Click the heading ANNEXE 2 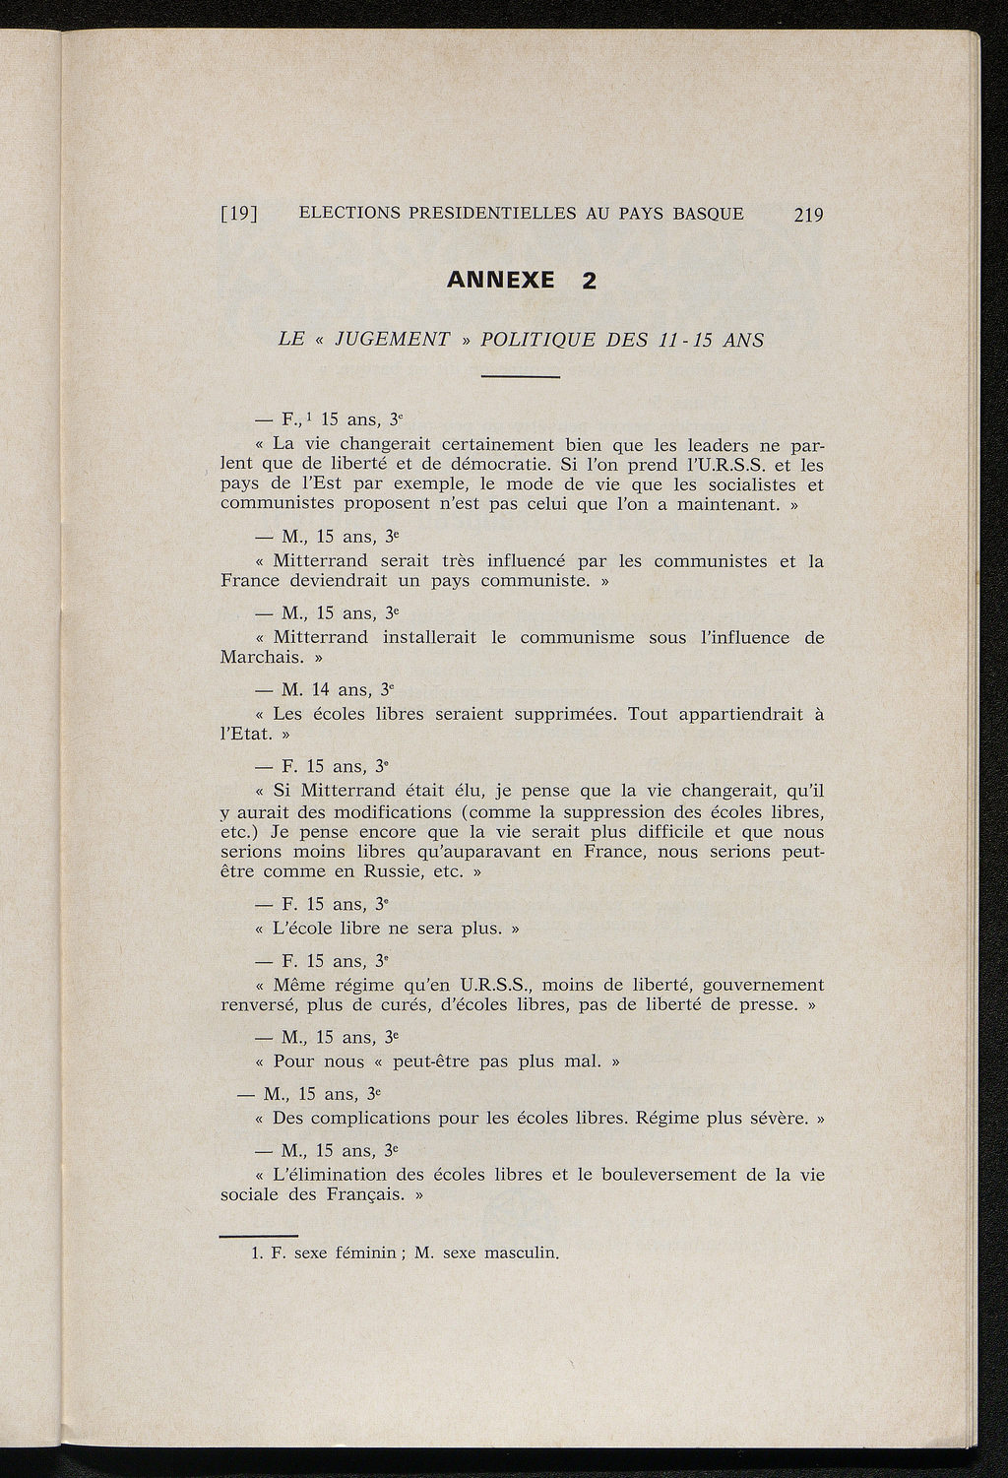(522, 281)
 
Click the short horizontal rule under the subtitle (521, 378)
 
